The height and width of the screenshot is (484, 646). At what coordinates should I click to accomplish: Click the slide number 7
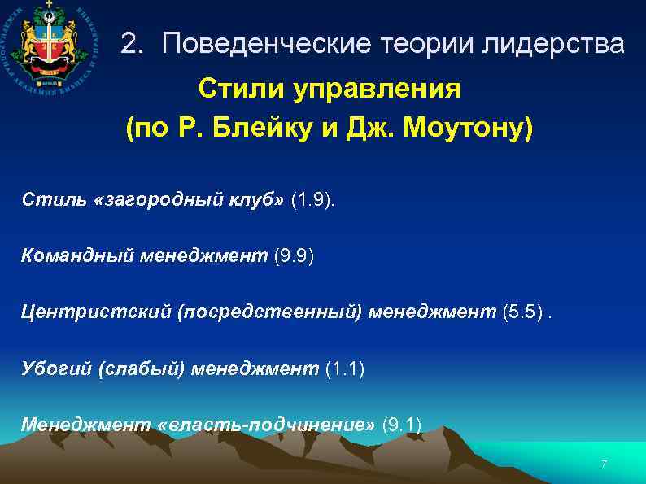pyautogui.click(x=604, y=464)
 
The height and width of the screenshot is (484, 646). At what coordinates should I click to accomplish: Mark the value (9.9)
pyautogui.click(x=294, y=257)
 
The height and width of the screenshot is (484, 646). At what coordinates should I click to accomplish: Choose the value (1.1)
pyautogui.click(x=345, y=369)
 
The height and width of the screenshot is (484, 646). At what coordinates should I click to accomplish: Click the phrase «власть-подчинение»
pyautogui.click(x=269, y=425)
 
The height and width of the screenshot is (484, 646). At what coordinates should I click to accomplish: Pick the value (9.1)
pyautogui.click(x=401, y=425)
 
